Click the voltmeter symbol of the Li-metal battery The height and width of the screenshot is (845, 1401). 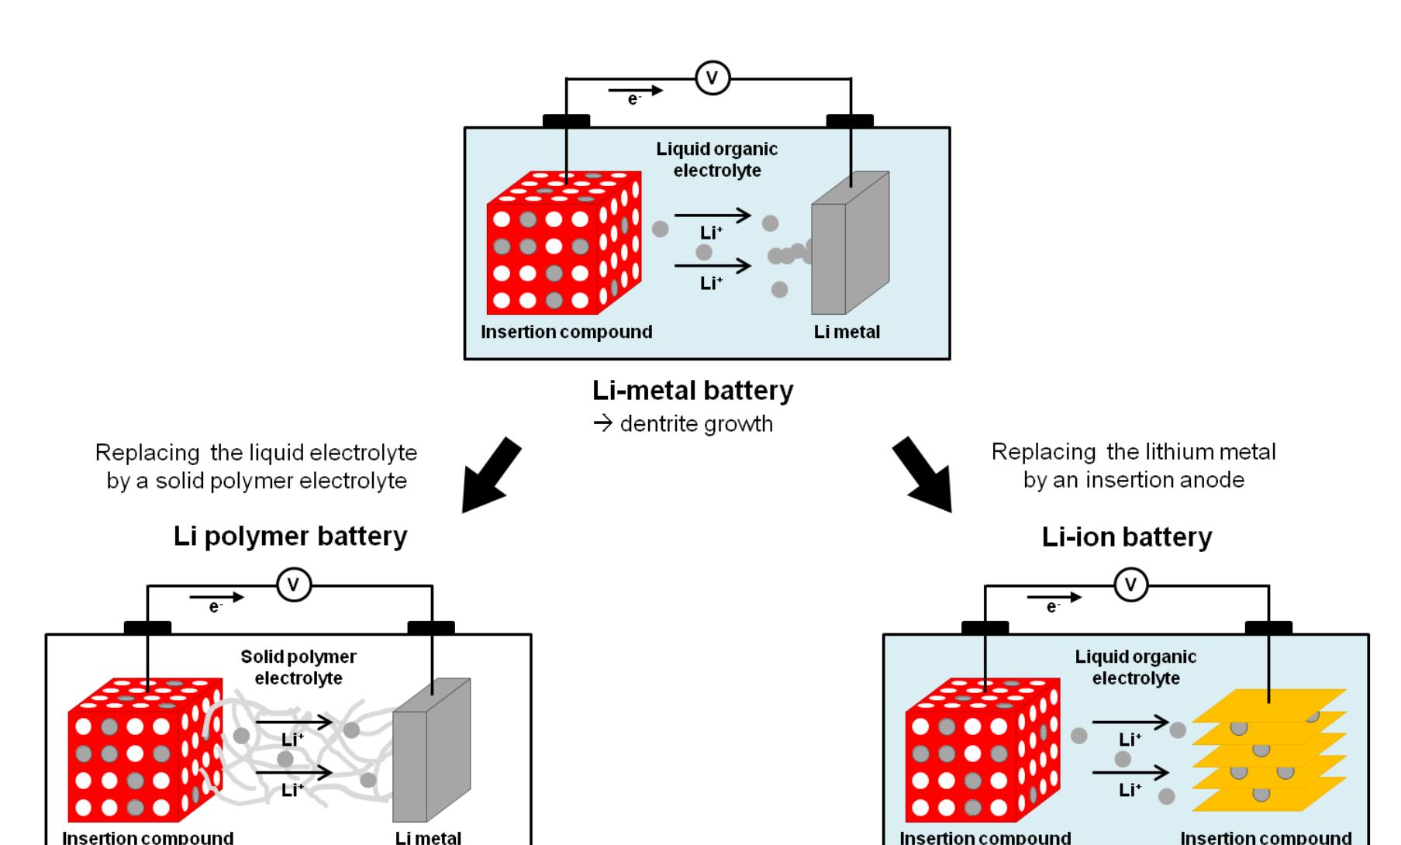pyautogui.click(x=712, y=78)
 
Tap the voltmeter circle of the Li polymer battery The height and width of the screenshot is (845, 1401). pyautogui.click(x=294, y=585)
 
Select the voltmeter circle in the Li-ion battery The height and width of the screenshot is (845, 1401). pyautogui.click(x=1130, y=585)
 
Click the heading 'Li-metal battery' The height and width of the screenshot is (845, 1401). pyautogui.click(x=692, y=390)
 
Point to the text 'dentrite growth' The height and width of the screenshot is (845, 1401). pyautogui.click(x=695, y=424)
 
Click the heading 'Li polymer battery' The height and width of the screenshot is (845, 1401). pyautogui.click(x=290, y=536)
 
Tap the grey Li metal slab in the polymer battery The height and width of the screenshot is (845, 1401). pyautogui.click(x=430, y=756)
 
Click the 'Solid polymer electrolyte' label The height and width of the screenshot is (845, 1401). pyautogui.click(x=298, y=667)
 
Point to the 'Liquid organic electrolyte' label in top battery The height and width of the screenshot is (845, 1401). pyautogui.click(x=716, y=160)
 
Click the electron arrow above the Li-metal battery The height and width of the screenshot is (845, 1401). pyautogui.click(x=636, y=91)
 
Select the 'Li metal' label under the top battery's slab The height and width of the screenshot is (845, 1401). pyautogui.click(x=847, y=332)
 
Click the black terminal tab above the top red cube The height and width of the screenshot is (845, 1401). pyautogui.click(x=566, y=120)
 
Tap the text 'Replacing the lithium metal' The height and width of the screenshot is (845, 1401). pyautogui.click(x=1133, y=452)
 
